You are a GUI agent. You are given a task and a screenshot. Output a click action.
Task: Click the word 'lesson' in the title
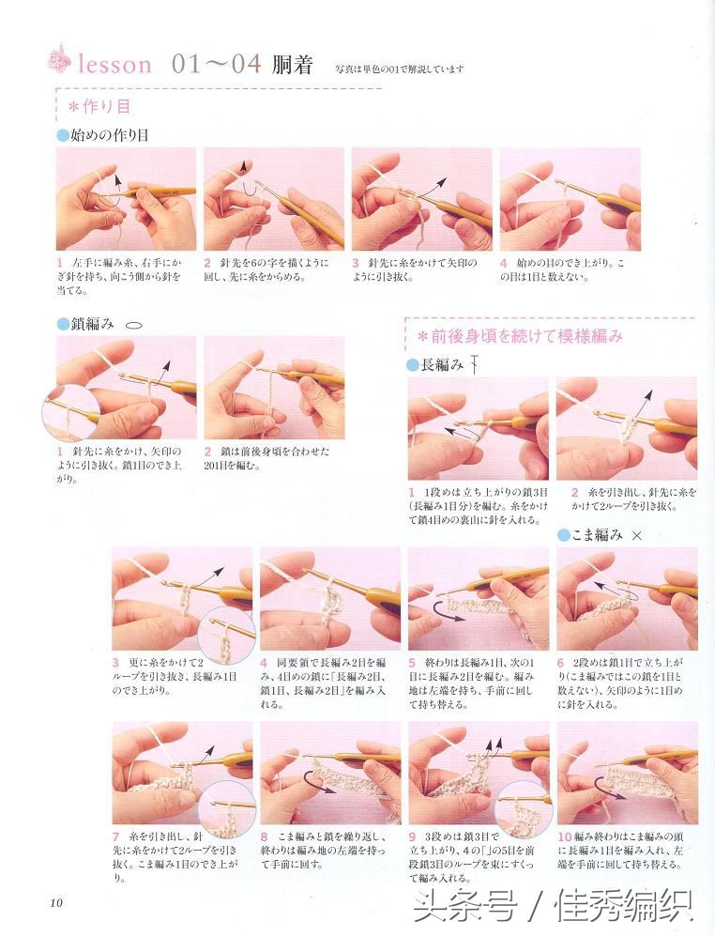tap(114, 64)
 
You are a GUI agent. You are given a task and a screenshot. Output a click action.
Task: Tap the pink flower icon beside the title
tap(59, 60)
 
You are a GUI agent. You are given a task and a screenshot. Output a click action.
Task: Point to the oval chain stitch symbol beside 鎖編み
tap(133, 324)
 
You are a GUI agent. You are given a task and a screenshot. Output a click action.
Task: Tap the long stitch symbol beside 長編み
tap(476, 364)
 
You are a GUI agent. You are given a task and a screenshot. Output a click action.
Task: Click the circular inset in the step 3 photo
tap(226, 636)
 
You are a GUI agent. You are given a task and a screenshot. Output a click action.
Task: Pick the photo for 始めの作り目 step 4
tap(570, 198)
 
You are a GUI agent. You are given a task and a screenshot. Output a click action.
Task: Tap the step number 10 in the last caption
tap(564, 835)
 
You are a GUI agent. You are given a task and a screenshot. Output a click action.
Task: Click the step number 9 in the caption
tap(412, 835)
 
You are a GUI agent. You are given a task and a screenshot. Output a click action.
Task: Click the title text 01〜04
tap(216, 64)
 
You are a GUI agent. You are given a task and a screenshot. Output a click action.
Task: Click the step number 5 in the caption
tap(412, 662)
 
